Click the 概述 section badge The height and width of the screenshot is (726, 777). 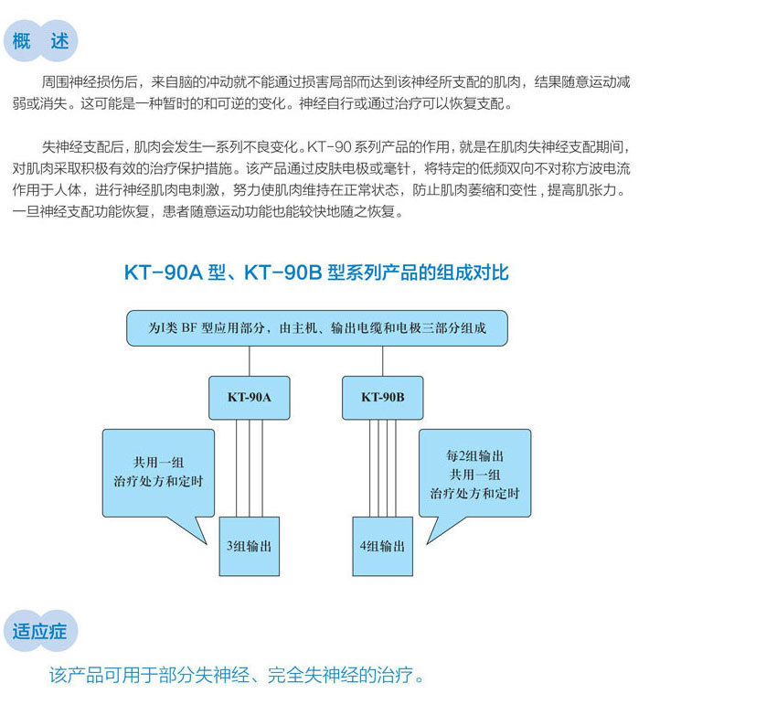(x=40, y=40)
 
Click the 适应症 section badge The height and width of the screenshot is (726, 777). (x=40, y=631)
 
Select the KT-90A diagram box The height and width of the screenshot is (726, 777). (x=250, y=398)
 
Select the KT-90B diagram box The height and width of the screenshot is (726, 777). (x=382, y=398)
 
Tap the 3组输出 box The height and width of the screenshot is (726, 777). (x=250, y=546)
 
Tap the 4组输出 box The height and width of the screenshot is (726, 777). (x=382, y=546)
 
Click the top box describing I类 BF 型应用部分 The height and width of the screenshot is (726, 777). (x=317, y=328)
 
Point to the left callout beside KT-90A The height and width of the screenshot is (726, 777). (x=158, y=474)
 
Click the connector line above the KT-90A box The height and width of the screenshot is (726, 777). (x=250, y=361)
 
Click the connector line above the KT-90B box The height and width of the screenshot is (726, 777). (x=382, y=361)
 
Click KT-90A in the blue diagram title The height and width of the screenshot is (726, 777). (x=164, y=272)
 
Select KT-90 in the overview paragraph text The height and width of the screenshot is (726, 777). (x=329, y=146)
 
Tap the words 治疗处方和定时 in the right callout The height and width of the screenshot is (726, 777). (x=474, y=493)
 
